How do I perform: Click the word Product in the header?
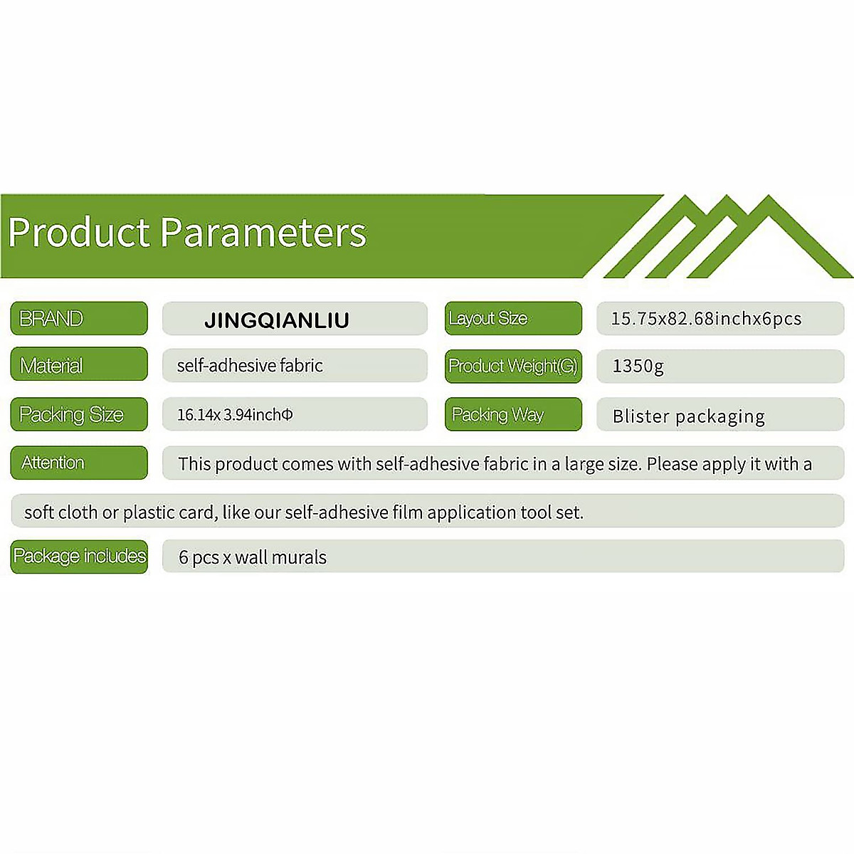(x=79, y=232)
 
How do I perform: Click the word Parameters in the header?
(x=263, y=232)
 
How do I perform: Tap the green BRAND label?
(x=79, y=318)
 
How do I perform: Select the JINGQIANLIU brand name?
(x=277, y=320)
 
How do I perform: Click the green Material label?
(x=79, y=364)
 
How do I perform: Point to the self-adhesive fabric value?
(x=250, y=366)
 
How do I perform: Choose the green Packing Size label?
(x=79, y=414)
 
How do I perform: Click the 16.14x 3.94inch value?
(x=235, y=415)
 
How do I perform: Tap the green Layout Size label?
(x=513, y=318)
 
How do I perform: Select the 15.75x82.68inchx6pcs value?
(x=706, y=319)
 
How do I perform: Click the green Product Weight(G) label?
(x=513, y=366)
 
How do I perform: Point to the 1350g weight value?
(x=638, y=367)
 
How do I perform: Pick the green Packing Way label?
(x=513, y=414)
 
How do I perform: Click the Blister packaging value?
(x=688, y=417)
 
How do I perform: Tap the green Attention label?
(x=79, y=463)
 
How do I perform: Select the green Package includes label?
(x=79, y=557)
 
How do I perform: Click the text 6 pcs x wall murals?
(x=252, y=557)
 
